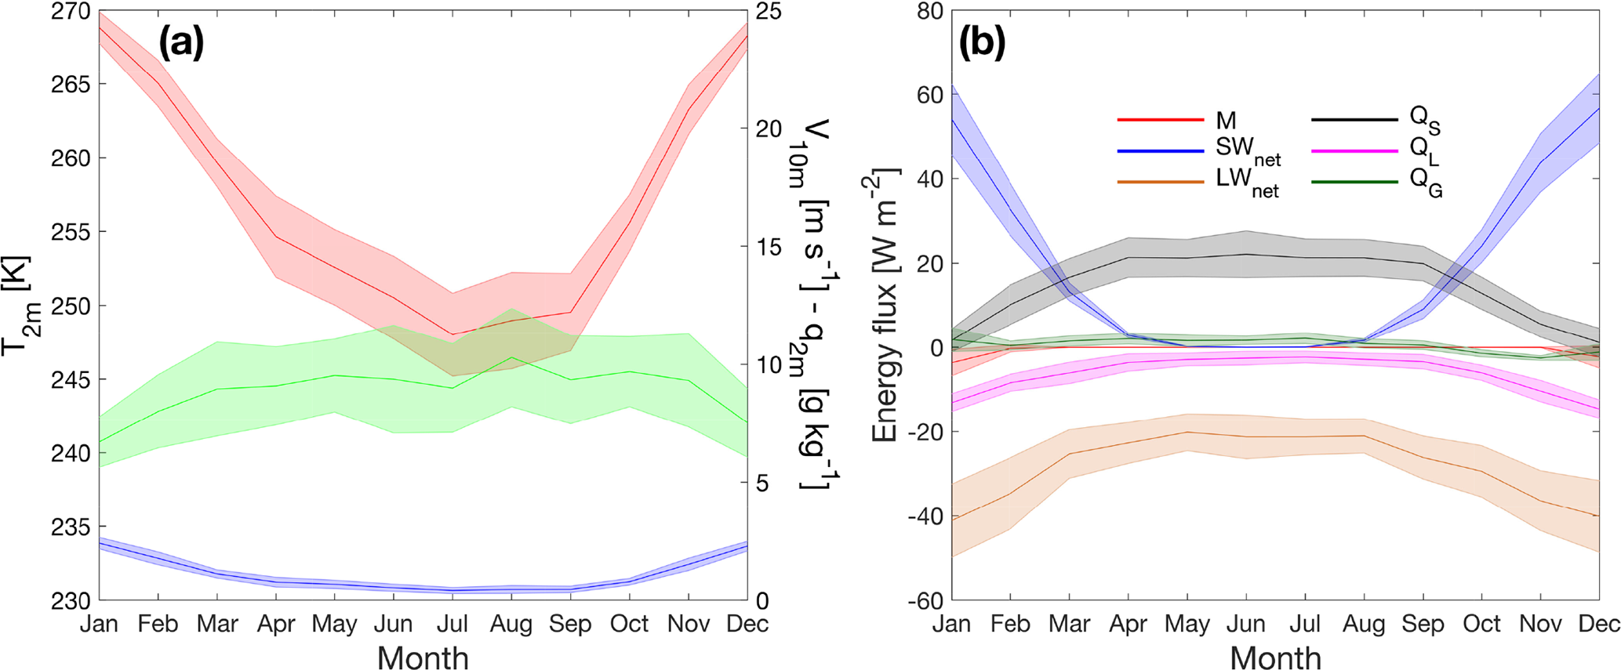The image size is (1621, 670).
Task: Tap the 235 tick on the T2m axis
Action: [x=71, y=527]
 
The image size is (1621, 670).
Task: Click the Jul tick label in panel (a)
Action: [x=452, y=625]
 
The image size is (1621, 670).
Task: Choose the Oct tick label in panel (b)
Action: [x=1481, y=625]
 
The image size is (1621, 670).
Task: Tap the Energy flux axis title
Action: [x=886, y=306]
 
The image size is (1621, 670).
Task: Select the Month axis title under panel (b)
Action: [x=1275, y=657]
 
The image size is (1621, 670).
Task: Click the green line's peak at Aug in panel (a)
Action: [x=511, y=357]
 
